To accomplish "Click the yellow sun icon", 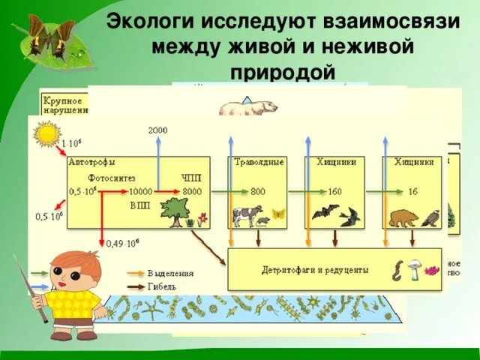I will pos(46,133).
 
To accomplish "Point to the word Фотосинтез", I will pos(111,179).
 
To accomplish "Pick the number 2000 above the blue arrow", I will pos(157,130).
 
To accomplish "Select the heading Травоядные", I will pos(259,162).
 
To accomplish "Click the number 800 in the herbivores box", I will pos(258,192).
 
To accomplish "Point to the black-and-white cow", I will pos(247,216).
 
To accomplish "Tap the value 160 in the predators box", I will pos(334,192).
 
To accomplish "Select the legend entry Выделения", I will pos(171,273).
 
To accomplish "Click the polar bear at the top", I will pos(248,107).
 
